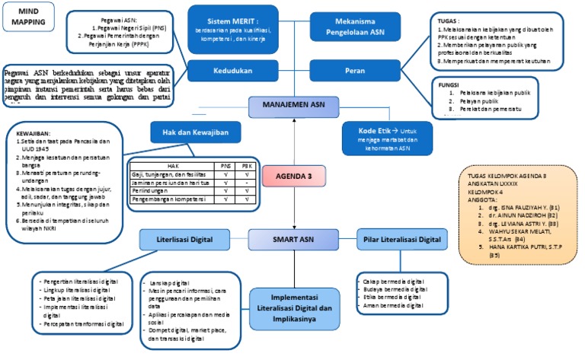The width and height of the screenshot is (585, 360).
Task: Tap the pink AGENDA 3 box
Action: [292, 177]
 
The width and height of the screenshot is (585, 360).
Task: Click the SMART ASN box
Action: [292, 241]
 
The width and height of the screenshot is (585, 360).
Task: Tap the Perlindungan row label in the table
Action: [150, 191]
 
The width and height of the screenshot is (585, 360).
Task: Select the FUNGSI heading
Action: [442, 84]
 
